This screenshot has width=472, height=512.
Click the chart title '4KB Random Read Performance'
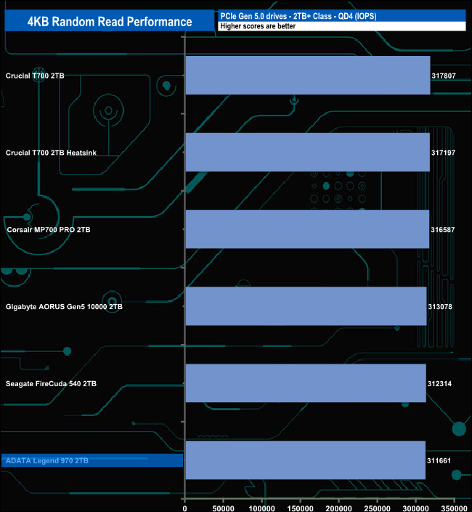(110, 22)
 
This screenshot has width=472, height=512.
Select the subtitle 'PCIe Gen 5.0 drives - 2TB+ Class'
(276, 16)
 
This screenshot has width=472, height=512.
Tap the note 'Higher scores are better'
(258, 26)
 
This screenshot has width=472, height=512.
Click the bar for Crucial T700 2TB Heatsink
(308, 152)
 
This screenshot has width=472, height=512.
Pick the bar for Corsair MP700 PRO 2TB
(307, 229)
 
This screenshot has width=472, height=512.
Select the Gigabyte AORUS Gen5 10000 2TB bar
(306, 306)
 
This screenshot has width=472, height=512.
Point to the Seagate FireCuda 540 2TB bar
(306, 383)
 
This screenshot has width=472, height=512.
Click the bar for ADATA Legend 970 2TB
(306, 460)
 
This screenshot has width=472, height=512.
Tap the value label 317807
(444, 76)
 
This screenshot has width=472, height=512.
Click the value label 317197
(443, 153)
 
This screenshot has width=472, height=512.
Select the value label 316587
(443, 230)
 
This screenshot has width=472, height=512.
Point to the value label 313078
(440, 307)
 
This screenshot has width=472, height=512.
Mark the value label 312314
(439, 384)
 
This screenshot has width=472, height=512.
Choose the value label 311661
(439, 461)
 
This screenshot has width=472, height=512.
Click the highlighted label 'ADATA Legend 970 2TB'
(47, 461)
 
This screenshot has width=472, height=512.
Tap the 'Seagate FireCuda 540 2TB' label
(51, 384)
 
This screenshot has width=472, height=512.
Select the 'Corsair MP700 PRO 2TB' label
(49, 230)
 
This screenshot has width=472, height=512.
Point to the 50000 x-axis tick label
(223, 508)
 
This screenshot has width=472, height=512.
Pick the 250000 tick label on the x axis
(377, 508)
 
